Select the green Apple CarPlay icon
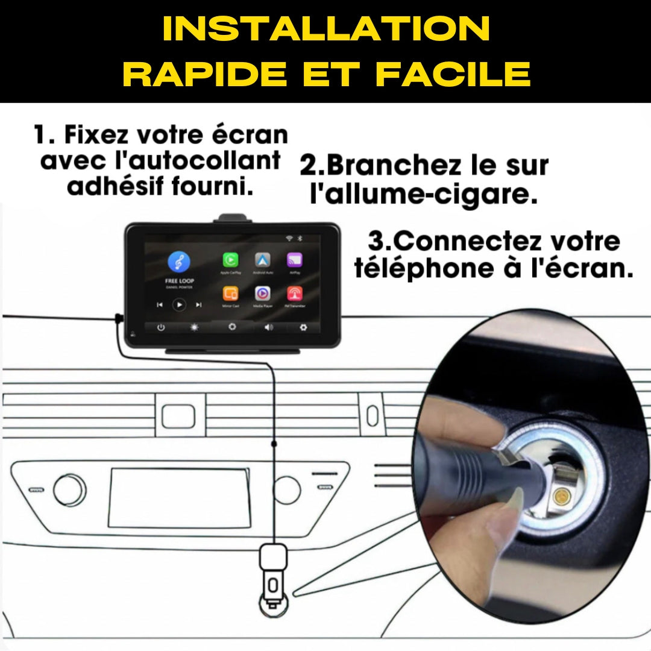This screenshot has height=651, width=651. pyautogui.click(x=230, y=260)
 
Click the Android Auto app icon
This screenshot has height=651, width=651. pyautogui.click(x=262, y=260)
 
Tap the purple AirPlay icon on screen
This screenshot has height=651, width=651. pyautogui.click(x=294, y=260)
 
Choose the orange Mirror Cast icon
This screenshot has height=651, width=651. pyautogui.click(x=230, y=294)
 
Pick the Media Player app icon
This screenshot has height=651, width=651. pyautogui.click(x=262, y=294)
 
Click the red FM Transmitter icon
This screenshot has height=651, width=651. pyautogui.click(x=294, y=294)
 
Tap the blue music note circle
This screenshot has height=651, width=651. pyautogui.click(x=179, y=262)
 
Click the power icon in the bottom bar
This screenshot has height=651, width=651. pyautogui.click(x=161, y=327)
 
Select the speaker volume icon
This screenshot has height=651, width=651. pyautogui.click(x=268, y=327)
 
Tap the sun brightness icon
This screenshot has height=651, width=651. pyautogui.click(x=195, y=327)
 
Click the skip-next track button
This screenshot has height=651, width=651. pyautogui.click(x=199, y=305)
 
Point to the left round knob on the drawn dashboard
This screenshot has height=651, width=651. pyautogui.click(x=69, y=490)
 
